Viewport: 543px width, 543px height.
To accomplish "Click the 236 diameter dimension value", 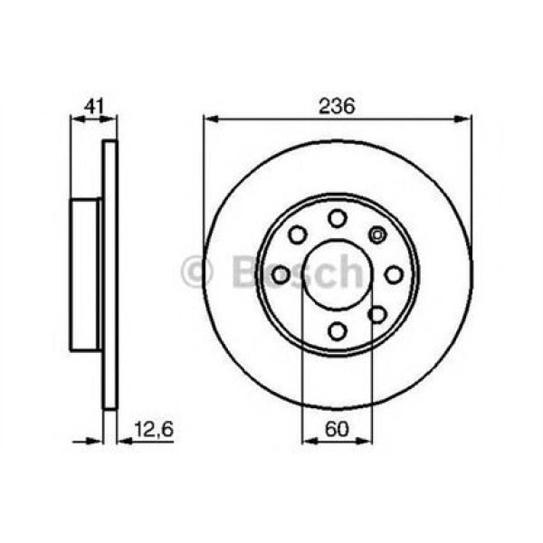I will (x=338, y=105).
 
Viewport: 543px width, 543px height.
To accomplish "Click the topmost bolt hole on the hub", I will (x=338, y=218).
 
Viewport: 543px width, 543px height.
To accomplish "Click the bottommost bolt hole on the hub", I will (x=338, y=330).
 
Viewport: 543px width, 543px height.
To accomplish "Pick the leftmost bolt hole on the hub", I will (x=281, y=274).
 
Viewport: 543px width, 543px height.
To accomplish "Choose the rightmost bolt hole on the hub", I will (x=394, y=274).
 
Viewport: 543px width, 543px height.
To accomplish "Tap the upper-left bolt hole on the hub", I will (x=298, y=234).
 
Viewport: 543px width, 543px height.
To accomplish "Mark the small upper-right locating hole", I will (x=377, y=235).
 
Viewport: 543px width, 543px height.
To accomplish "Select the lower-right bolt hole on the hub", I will (x=377, y=314).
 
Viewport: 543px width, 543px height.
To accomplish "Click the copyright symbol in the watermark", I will (x=195, y=272).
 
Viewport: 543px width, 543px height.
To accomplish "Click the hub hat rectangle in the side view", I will (x=85, y=274).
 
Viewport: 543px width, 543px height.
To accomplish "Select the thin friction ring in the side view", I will (x=110, y=274).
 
